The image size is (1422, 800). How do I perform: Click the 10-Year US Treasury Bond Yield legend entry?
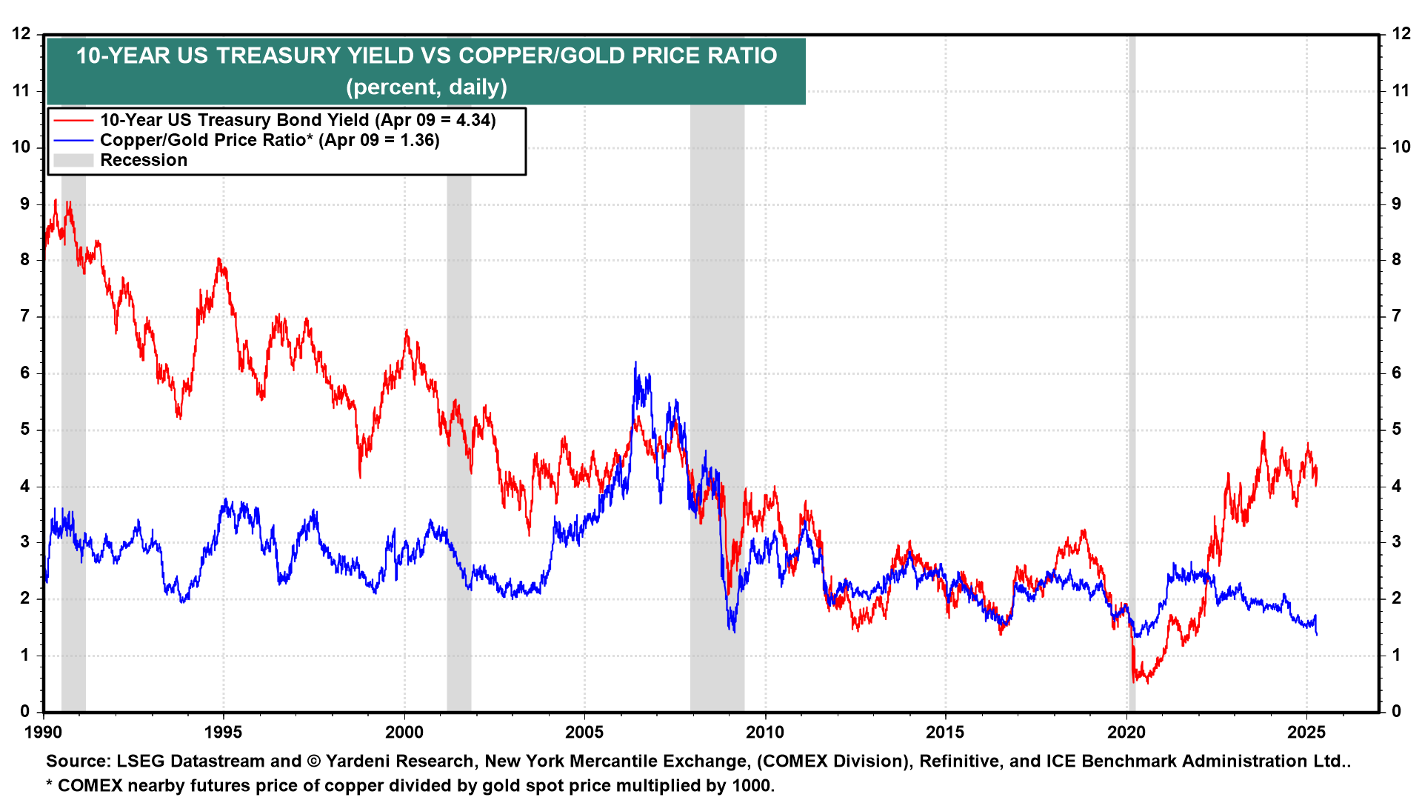coord(297,120)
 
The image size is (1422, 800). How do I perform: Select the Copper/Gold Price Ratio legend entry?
coord(269,140)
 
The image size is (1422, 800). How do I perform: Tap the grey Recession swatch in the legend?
coord(73,160)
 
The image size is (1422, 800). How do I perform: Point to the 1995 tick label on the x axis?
coord(223,733)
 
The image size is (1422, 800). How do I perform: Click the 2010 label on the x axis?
coord(764,733)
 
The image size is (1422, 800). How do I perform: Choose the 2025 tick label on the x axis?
coord(1306,733)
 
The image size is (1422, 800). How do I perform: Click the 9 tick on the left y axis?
coord(25,204)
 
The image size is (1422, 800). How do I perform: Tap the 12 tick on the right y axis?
coord(1401,34)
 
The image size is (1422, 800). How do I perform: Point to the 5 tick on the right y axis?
coord(1396,430)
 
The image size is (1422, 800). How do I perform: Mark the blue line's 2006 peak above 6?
coord(635,363)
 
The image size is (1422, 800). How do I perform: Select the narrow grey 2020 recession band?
coord(1132,370)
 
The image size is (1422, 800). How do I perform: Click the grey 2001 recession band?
coord(458,370)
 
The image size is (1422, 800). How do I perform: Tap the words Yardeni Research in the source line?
coord(399,761)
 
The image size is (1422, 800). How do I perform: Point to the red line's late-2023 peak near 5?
coord(1264,433)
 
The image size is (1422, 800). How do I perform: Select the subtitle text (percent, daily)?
coord(426,87)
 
